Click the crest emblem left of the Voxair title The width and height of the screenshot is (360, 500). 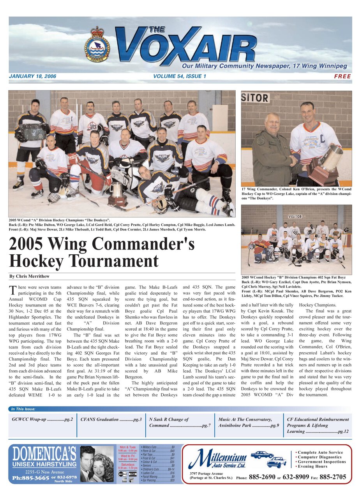97,45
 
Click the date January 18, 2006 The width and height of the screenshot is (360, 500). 32,76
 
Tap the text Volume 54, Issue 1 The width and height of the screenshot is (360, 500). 180,76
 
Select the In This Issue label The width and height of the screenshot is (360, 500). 23,409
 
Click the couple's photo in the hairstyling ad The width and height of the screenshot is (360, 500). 96,464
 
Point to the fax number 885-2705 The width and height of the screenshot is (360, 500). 333,477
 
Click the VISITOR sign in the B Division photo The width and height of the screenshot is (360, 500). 295,217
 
